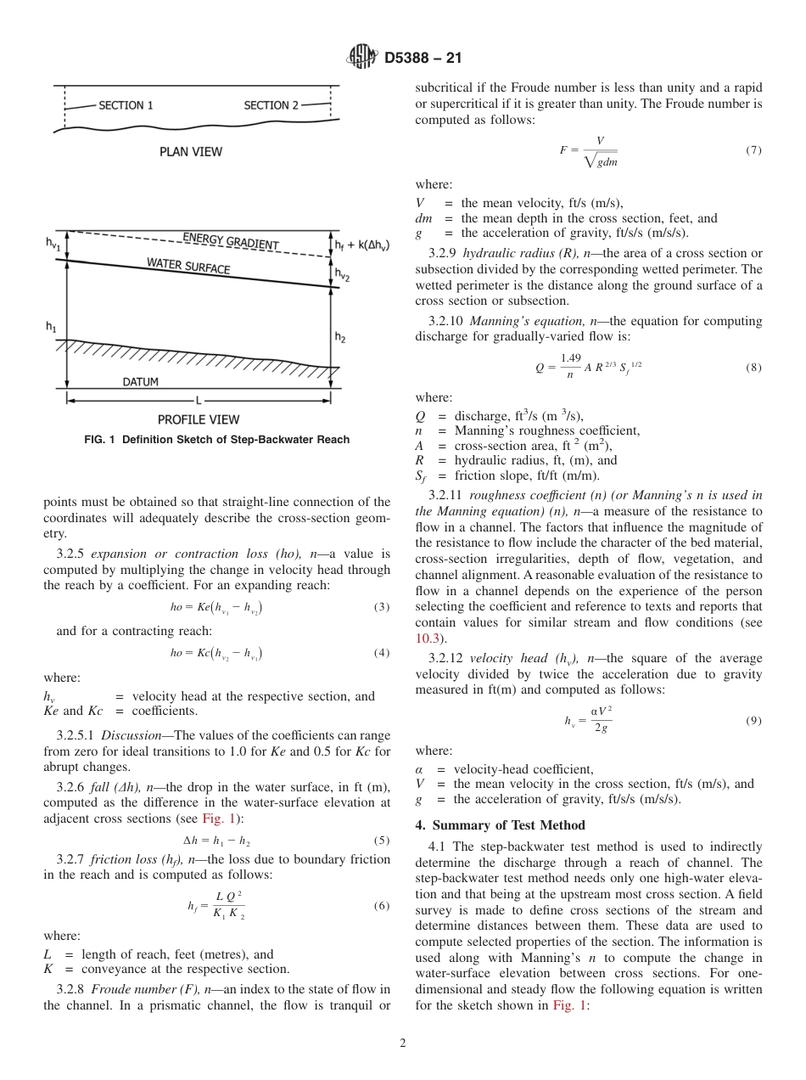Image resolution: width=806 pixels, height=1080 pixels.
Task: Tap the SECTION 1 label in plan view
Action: pos(126,105)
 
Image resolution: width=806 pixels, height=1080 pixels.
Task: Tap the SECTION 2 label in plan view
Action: pos(271,105)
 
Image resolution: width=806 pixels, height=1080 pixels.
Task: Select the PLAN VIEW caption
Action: pos(191,152)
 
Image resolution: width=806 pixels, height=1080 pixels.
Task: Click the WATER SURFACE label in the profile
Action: pos(188,266)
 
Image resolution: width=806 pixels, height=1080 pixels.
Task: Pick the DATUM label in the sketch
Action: pos(140,382)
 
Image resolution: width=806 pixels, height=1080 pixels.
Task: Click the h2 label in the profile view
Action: pos(339,337)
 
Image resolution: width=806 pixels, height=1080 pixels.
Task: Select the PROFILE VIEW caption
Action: pos(199,419)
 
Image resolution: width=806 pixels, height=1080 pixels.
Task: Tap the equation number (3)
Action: pos(382,607)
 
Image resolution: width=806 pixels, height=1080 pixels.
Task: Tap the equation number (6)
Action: pos(382,906)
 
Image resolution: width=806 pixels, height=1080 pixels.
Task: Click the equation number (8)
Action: pos(753,368)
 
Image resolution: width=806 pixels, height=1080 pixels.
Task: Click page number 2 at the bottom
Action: pos(402,1043)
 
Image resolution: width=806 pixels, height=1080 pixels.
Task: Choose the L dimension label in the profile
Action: pos(198,399)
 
